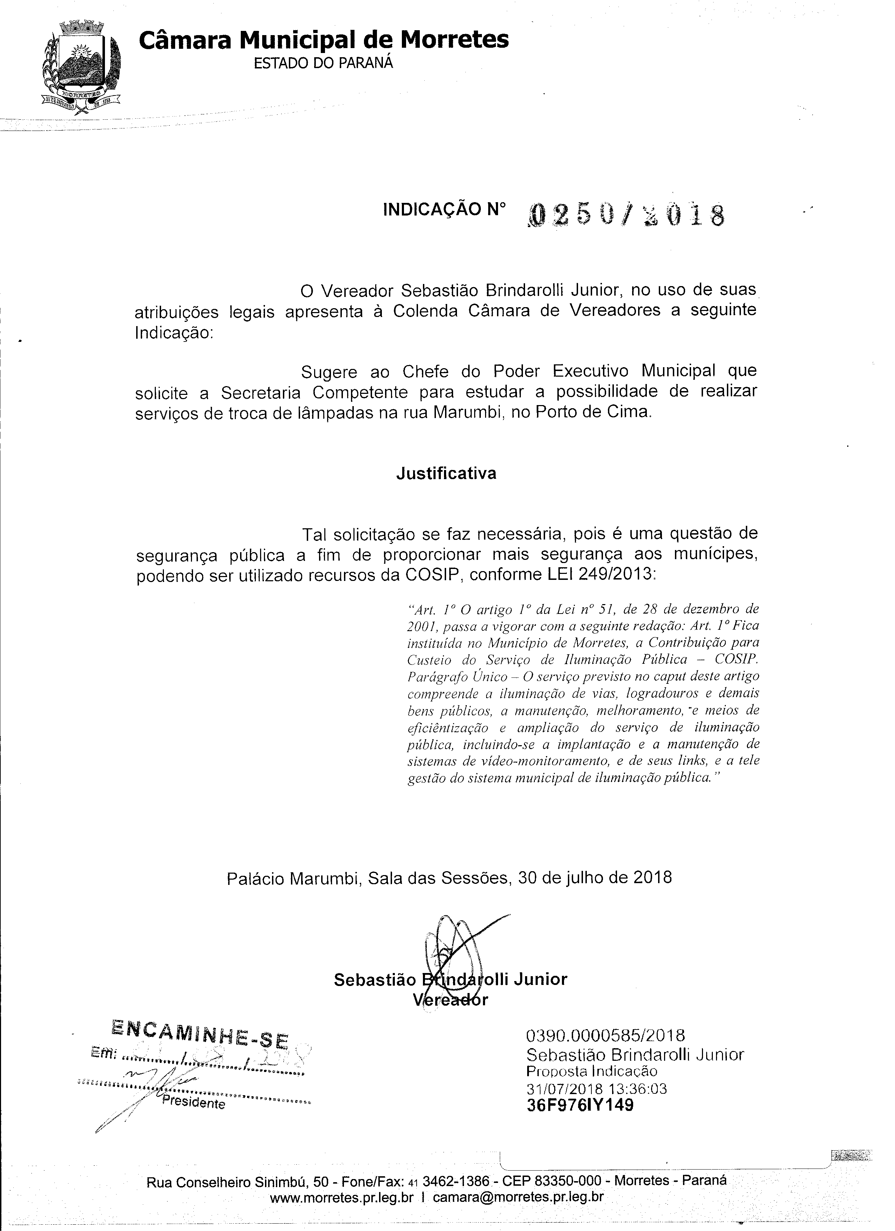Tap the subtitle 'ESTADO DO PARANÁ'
pyautogui.click(x=324, y=63)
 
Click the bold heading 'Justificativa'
pyautogui.click(x=446, y=473)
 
